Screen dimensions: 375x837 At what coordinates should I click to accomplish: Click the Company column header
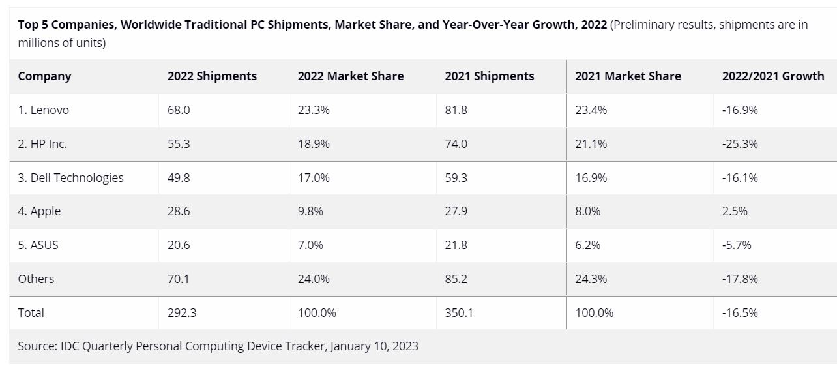coord(44,76)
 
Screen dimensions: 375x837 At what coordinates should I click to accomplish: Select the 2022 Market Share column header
coord(350,76)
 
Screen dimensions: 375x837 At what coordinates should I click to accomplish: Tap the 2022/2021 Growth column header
coord(772,76)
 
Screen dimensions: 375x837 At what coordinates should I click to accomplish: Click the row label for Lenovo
coord(44,110)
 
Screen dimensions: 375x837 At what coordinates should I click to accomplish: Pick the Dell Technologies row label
coord(70,177)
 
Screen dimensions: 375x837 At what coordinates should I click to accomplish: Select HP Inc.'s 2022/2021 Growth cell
coord(740,144)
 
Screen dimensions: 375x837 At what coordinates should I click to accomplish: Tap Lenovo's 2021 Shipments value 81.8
coord(456,110)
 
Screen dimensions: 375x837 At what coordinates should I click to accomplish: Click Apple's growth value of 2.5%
coord(735,211)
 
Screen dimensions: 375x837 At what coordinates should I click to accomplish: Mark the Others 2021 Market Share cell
coord(591,279)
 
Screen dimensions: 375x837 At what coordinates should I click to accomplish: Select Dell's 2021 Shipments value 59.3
coord(456,177)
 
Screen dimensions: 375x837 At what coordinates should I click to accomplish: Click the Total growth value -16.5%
coord(740,313)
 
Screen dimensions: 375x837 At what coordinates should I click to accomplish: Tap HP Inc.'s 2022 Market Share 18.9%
coord(314,144)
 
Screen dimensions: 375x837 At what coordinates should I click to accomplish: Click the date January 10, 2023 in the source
coord(374,346)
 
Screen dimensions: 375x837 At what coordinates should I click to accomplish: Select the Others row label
coord(36,279)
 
